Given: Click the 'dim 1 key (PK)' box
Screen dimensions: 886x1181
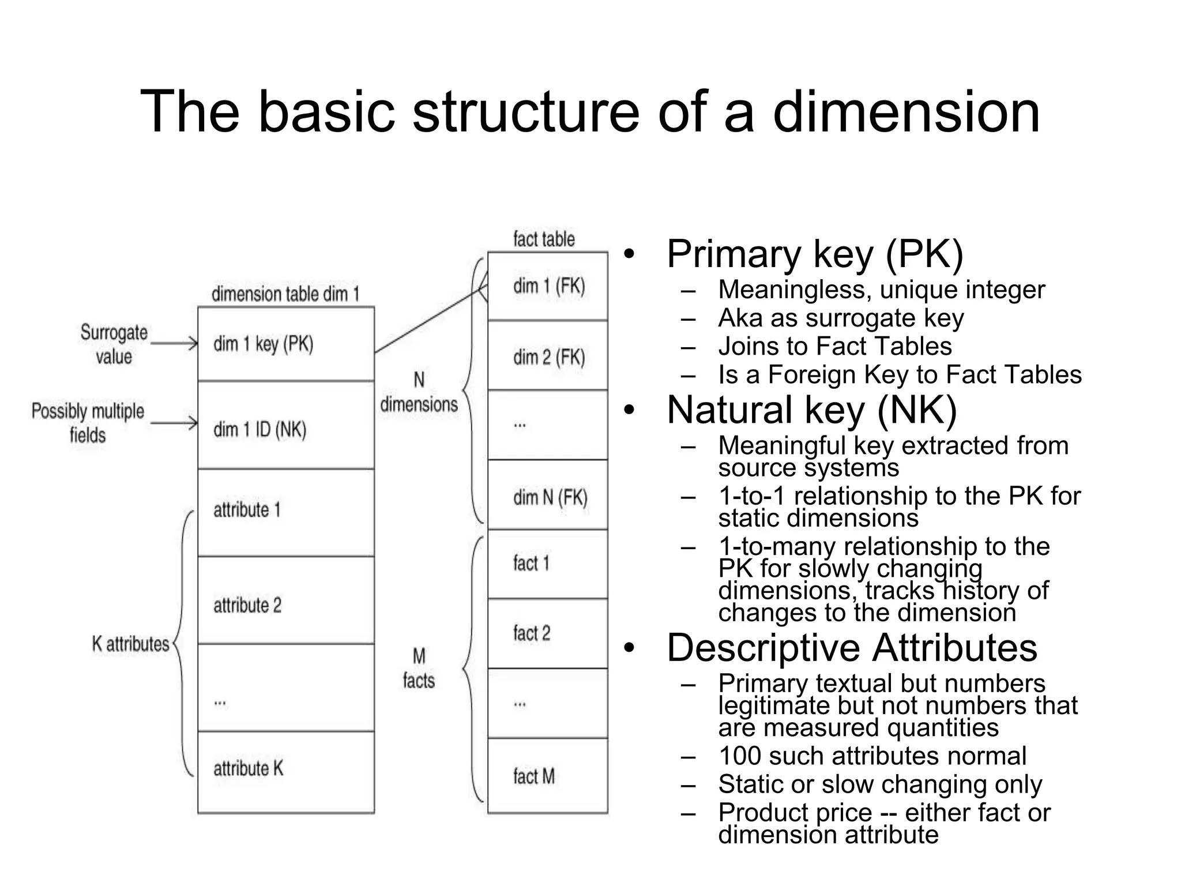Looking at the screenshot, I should [286, 344].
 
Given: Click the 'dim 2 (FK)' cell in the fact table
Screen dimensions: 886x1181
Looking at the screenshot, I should [548, 356].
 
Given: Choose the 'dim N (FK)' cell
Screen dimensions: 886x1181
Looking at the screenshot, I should [548, 495].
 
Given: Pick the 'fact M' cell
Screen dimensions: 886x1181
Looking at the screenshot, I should [548, 775].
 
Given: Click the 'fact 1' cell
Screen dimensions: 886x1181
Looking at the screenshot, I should [548, 564].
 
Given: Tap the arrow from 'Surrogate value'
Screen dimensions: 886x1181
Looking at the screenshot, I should [174, 344].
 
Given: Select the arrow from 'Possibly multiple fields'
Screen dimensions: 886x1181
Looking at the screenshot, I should [174, 424].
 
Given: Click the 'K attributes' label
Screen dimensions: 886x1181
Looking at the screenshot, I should [130, 644].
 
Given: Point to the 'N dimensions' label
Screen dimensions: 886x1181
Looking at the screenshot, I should [419, 392].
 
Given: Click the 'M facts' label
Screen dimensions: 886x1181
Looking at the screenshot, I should [419, 669].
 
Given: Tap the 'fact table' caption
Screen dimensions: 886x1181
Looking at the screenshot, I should [544, 239].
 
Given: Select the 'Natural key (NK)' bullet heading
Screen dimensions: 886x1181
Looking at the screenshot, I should [811, 410].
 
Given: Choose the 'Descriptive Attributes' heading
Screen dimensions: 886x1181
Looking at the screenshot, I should [852, 647].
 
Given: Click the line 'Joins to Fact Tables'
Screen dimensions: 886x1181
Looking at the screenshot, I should [834, 346].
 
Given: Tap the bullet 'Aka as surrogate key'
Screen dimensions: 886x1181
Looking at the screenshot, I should [841, 318].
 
